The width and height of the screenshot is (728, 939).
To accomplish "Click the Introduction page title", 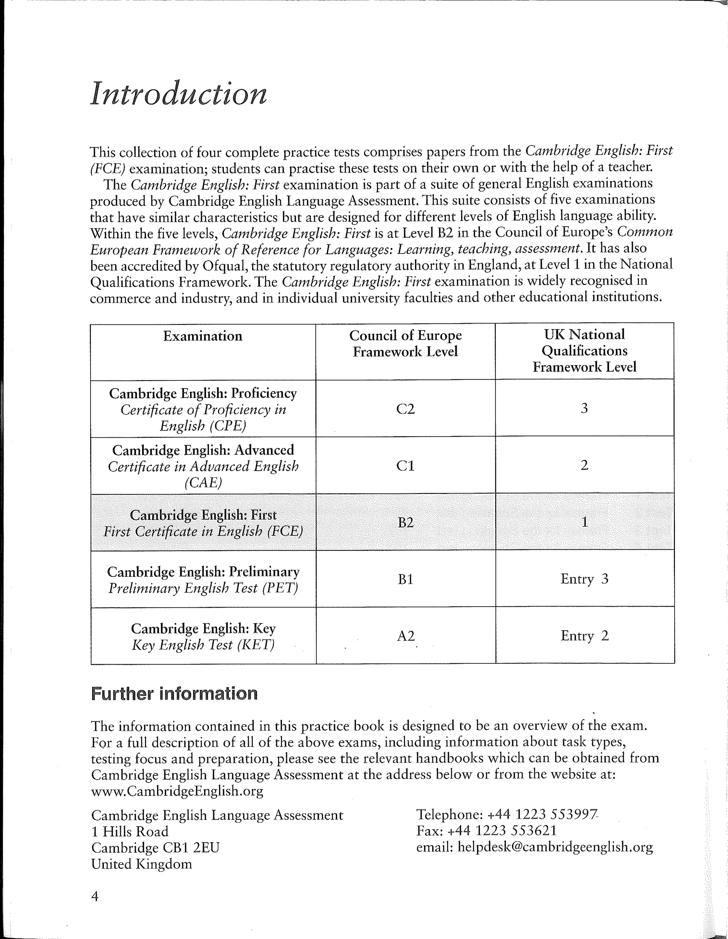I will (178, 94).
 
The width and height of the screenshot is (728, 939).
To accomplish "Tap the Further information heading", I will (174, 694).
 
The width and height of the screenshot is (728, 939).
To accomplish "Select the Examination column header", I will (202, 336).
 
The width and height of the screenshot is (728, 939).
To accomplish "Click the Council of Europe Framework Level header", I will (405, 343).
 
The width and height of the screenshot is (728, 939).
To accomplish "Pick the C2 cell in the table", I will (405, 409).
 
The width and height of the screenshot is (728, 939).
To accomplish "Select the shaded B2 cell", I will (405, 523).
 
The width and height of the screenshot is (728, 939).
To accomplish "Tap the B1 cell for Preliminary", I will (405, 580).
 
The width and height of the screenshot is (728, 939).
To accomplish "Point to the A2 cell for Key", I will (405, 636).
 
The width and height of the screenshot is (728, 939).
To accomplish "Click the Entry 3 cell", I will (584, 579).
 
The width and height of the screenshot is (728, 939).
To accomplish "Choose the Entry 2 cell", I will (584, 636).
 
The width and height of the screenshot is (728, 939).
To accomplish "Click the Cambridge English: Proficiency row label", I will (203, 393).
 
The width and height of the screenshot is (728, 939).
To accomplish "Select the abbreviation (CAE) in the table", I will (203, 483).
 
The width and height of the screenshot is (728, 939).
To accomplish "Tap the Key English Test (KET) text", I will (203, 645).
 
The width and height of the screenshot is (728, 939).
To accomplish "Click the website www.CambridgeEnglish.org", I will (177, 791).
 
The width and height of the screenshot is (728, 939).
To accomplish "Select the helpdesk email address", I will (555, 847).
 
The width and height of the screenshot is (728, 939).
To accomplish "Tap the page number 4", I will (95, 896).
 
